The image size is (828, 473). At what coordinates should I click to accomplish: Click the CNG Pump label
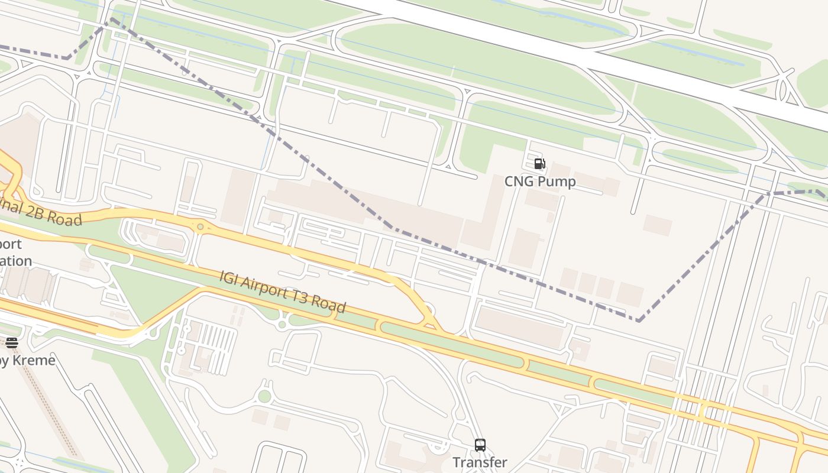(539, 182)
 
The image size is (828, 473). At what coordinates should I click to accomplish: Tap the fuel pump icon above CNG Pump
(539, 164)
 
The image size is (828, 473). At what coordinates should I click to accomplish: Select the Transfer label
(480, 462)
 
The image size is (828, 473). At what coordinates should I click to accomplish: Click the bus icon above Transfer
(480, 445)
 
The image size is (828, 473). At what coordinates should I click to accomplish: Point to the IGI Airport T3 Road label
(283, 291)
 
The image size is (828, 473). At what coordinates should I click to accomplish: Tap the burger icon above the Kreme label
(12, 342)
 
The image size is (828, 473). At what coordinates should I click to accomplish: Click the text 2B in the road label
(35, 213)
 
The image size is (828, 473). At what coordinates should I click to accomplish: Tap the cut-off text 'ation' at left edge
(16, 261)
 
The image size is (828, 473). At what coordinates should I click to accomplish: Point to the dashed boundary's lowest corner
(639, 320)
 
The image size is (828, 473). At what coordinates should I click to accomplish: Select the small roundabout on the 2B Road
(200, 226)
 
